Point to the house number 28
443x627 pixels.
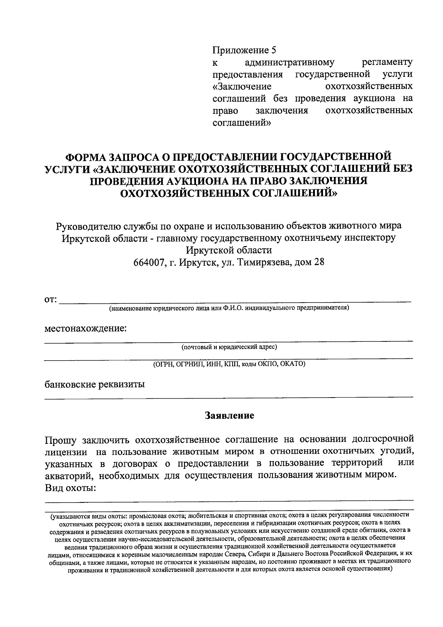coord(319,262)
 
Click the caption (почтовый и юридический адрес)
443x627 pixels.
coord(229,347)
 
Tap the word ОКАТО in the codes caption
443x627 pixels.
coord(292,364)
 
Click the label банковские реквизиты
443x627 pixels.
coord(95,384)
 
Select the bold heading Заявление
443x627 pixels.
coord(230,415)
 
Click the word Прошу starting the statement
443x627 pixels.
coord(61,440)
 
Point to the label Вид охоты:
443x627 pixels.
coord(71,487)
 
